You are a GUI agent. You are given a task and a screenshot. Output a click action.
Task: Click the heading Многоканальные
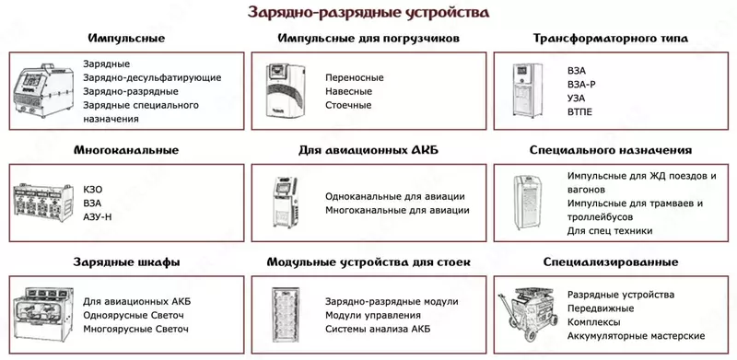[x=126, y=149]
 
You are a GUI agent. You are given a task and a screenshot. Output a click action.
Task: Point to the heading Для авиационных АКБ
[x=368, y=149]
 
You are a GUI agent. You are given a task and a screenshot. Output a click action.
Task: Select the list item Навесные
[x=349, y=91]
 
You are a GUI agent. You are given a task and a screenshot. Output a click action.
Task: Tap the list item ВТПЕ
[x=580, y=111]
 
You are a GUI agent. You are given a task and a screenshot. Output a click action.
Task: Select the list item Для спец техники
[x=610, y=230]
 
